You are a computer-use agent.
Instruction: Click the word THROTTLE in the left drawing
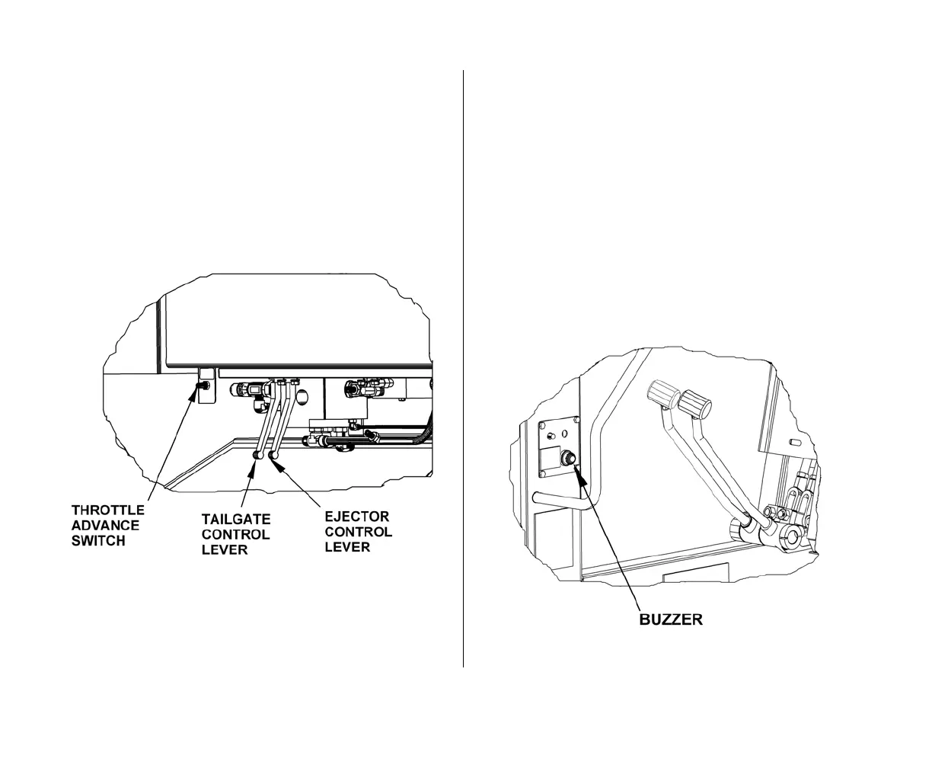click(107, 509)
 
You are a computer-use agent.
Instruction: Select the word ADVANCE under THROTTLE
click(105, 525)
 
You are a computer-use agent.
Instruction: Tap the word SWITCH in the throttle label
click(98, 541)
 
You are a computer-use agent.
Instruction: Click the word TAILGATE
click(236, 518)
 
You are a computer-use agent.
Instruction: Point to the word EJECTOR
click(357, 516)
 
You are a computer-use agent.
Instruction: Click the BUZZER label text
click(670, 619)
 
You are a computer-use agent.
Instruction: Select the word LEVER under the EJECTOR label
click(347, 547)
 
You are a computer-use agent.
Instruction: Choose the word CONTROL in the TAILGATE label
click(235, 534)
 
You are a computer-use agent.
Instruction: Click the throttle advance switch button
click(203, 386)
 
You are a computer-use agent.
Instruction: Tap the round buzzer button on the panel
click(568, 459)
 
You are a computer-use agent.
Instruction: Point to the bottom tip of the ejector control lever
click(273, 456)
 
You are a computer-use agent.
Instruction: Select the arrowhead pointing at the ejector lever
click(279, 463)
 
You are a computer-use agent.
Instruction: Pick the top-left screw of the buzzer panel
click(545, 426)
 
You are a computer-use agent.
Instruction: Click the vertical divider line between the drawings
click(464, 366)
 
